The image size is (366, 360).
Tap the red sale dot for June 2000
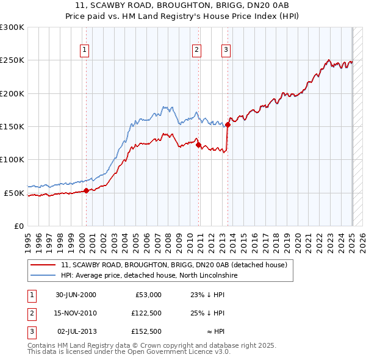coord(86,190)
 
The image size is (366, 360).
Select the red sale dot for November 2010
coord(199,145)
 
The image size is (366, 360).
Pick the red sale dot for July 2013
coord(228,124)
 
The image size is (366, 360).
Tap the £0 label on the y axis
coord(18,226)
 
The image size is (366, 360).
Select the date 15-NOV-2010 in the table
coord(76,313)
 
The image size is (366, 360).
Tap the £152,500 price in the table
coord(146,331)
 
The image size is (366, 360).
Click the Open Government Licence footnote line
coord(129,352)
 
